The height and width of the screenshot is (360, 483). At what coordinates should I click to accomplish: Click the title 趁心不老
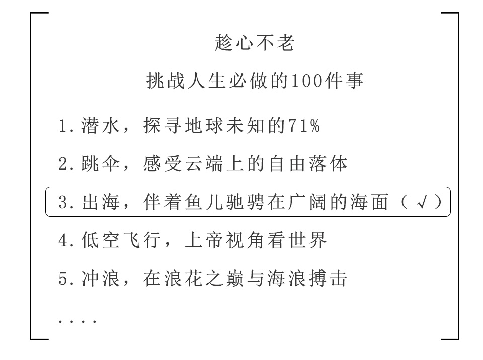click(x=255, y=43)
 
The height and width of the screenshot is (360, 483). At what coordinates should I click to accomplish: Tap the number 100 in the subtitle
click(x=307, y=81)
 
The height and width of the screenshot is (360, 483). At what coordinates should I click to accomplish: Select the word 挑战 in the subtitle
click(x=166, y=81)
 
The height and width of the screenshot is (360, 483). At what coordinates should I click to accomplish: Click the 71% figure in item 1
click(x=304, y=126)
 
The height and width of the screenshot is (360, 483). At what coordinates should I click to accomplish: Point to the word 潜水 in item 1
click(x=101, y=126)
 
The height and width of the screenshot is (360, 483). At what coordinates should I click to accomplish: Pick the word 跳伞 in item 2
click(x=101, y=163)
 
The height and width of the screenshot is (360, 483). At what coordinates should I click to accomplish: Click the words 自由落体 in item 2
click(x=308, y=163)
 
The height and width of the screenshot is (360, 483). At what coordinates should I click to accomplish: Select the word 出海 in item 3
click(x=101, y=202)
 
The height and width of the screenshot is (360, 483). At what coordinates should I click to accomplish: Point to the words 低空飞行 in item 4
click(x=121, y=240)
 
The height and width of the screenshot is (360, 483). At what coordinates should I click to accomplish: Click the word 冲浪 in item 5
click(x=101, y=279)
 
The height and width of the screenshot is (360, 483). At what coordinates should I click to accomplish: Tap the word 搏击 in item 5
click(x=328, y=279)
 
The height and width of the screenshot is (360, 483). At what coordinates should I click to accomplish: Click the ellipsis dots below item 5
click(x=77, y=321)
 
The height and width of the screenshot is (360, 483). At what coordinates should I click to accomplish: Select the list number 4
click(x=63, y=240)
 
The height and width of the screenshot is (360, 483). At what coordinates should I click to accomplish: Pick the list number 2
click(x=63, y=164)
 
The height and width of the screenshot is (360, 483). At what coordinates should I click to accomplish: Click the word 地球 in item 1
click(x=204, y=126)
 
